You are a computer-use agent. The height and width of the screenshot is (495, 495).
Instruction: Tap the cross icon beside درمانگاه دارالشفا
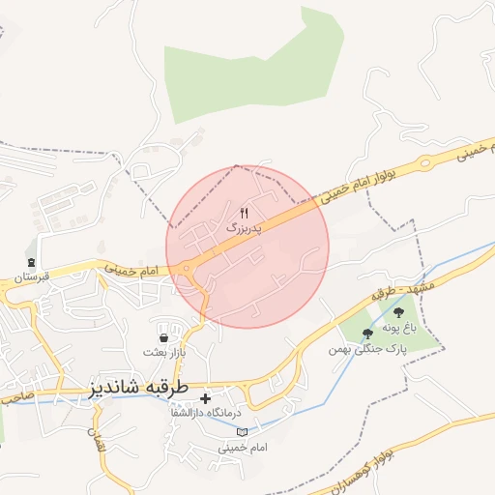click(x=205, y=397)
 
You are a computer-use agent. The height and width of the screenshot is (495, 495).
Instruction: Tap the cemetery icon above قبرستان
click(x=31, y=262)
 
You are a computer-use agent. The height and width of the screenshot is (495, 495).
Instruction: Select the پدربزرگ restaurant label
click(x=244, y=229)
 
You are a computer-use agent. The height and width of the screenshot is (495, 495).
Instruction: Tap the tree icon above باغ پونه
click(x=399, y=312)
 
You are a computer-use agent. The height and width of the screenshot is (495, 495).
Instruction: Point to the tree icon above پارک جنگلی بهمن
click(x=366, y=334)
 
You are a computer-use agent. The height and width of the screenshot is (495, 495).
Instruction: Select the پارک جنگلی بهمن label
click(x=364, y=348)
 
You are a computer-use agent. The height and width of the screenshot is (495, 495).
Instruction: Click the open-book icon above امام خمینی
click(x=242, y=431)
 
